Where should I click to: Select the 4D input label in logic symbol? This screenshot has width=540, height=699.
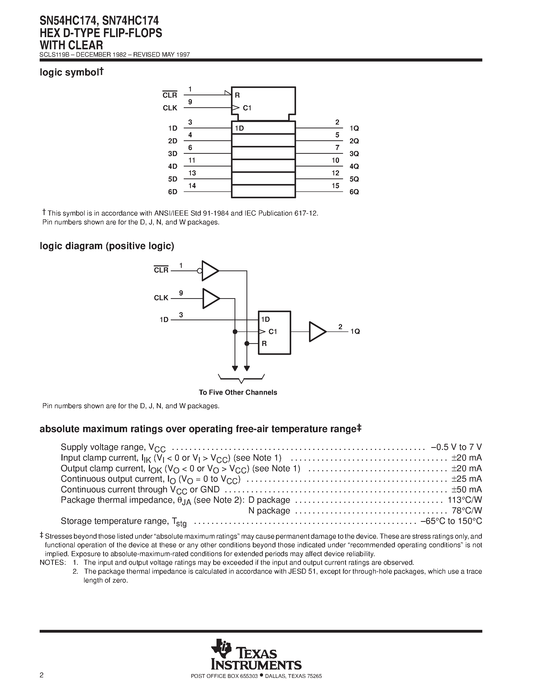173,166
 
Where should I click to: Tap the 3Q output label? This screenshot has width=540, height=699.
354,154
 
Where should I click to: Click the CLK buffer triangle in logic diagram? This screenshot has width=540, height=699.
210,299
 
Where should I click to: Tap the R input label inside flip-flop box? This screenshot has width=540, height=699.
264,344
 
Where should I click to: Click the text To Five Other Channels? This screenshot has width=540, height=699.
238,392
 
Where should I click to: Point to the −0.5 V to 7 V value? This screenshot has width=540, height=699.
456,447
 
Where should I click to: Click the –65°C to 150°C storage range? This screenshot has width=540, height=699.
451,521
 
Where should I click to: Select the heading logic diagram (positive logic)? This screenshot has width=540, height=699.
107,246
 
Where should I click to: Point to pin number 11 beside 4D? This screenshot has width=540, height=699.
192,160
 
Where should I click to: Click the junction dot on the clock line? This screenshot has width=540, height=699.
235,331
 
